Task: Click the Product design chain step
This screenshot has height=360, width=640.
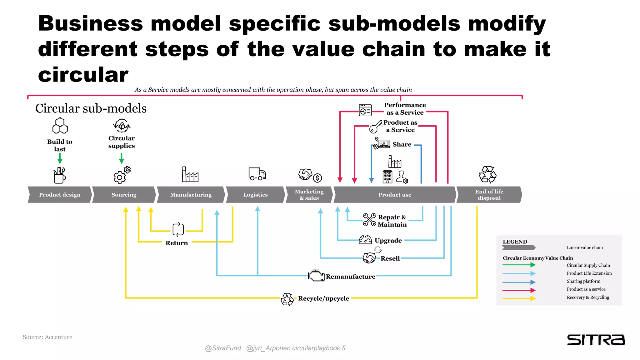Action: pyautogui.click(x=60, y=195)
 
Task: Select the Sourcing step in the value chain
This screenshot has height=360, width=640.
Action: pyautogui.click(x=124, y=195)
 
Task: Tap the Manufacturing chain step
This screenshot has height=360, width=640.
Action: pyautogui.click(x=191, y=195)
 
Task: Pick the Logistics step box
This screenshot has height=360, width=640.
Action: pyautogui.click(x=255, y=195)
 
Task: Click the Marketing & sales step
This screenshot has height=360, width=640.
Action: pyautogui.click(x=309, y=195)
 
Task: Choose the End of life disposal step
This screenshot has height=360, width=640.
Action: pyautogui.click(x=489, y=195)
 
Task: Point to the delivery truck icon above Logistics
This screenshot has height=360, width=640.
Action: pyautogui.click(x=257, y=174)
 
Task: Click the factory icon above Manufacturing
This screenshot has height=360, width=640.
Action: pyautogui.click(x=190, y=174)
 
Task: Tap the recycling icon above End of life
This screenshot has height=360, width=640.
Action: pyautogui.click(x=487, y=174)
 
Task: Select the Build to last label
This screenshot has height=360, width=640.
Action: pyautogui.click(x=60, y=145)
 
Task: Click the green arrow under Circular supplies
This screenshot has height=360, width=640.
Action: pyautogui.click(x=122, y=158)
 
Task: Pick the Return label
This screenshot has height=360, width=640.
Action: pyautogui.click(x=177, y=243)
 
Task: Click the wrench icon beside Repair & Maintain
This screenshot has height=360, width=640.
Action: pyautogui.click(x=369, y=220)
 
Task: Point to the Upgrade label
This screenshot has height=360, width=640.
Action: pyautogui.click(x=388, y=241)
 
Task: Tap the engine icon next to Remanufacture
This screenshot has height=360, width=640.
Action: pyautogui.click(x=316, y=275)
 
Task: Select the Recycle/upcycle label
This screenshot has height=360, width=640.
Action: pyautogui.click(x=323, y=298)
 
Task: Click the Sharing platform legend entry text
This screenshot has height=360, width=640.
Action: pyautogui.click(x=583, y=281)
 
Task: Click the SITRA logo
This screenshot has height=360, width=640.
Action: pyautogui.click(x=596, y=340)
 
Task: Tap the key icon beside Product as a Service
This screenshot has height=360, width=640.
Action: pyautogui.click(x=375, y=127)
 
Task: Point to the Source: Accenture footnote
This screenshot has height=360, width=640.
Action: pyautogui.click(x=47, y=337)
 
